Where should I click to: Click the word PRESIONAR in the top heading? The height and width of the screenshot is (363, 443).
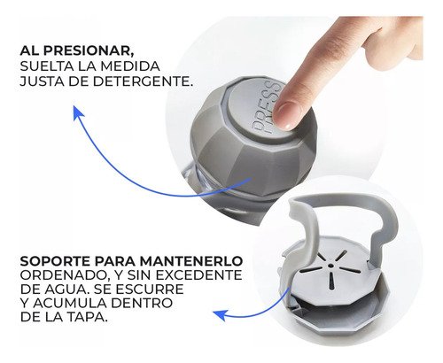[x=87, y=50]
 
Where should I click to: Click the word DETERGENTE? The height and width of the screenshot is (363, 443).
[x=143, y=81]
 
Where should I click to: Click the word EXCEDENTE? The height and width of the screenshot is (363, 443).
[x=198, y=275]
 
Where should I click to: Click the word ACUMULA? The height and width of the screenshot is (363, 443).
[x=69, y=303]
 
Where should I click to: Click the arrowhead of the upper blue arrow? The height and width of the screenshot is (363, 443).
[x=77, y=112]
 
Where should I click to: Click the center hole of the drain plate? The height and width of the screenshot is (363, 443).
[x=330, y=266]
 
